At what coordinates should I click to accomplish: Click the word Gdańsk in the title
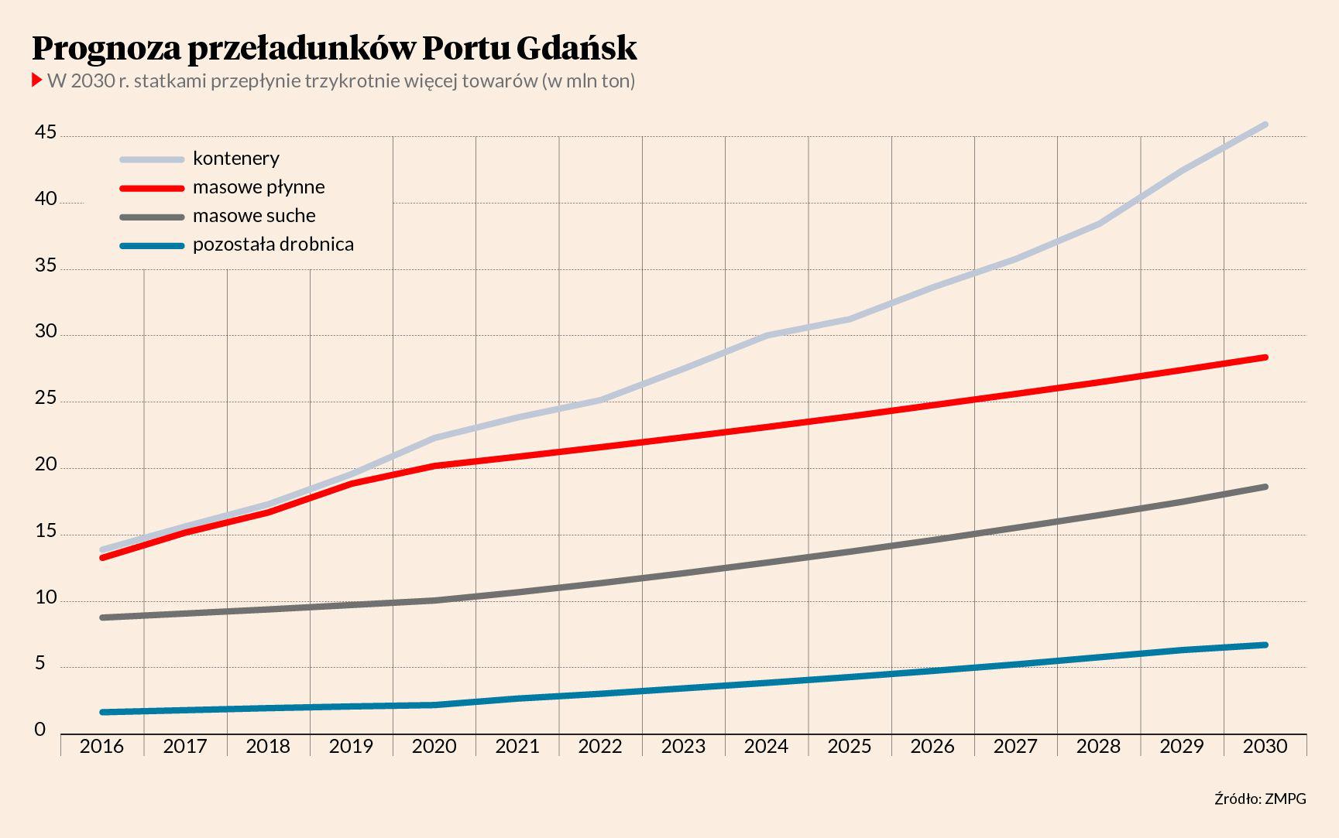(x=576, y=48)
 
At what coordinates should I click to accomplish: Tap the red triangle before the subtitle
(x=36, y=80)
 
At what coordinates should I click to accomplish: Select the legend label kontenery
(x=235, y=159)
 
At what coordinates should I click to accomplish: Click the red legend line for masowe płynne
(x=152, y=188)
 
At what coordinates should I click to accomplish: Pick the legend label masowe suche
(x=254, y=216)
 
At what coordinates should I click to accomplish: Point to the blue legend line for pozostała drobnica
(x=152, y=246)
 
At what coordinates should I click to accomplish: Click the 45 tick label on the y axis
(x=46, y=133)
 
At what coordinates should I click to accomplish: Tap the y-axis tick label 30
(x=46, y=332)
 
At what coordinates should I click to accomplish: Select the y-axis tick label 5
(x=40, y=664)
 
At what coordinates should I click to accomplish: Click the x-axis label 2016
(x=102, y=746)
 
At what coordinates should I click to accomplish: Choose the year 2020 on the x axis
(x=434, y=746)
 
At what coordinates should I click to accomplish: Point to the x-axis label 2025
(x=850, y=746)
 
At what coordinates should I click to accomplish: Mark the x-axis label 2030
(x=1265, y=746)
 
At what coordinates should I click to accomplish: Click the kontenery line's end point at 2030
(x=1265, y=125)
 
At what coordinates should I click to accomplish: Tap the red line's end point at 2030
(x=1265, y=357)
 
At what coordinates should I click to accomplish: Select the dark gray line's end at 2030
(x=1265, y=487)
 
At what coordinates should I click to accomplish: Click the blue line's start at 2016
(x=103, y=712)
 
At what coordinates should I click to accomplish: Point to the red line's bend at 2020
(x=434, y=466)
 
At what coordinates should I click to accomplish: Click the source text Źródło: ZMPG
(x=1260, y=799)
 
